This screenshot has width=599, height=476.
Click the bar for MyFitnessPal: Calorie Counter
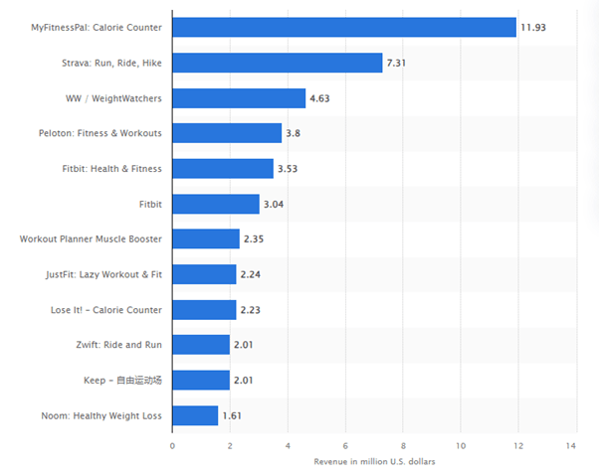pyautogui.click(x=344, y=27)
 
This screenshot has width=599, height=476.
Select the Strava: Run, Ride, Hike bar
pyautogui.click(x=278, y=63)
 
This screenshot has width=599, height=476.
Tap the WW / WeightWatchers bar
pyautogui.click(x=239, y=98)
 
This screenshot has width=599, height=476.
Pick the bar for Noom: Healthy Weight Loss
pyautogui.click(x=195, y=415)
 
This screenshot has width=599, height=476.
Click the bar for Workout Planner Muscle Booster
pyautogui.click(x=206, y=238)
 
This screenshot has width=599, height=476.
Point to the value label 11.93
pyautogui.click(x=534, y=27)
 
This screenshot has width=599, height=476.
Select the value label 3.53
pyautogui.click(x=288, y=169)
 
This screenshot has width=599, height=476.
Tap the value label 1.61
pyautogui.click(x=232, y=415)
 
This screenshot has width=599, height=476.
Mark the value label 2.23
pyautogui.click(x=250, y=310)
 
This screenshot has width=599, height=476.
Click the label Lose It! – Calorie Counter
pyautogui.click(x=106, y=310)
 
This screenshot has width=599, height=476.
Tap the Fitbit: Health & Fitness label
pyautogui.click(x=112, y=169)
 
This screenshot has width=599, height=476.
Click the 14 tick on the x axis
pyautogui.click(x=571, y=446)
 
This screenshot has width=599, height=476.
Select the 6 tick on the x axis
pyautogui.click(x=345, y=446)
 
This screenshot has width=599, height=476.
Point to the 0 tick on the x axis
pyautogui.click(x=172, y=446)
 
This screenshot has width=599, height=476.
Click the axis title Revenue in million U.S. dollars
pyautogui.click(x=374, y=462)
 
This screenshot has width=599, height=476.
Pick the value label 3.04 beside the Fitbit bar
pyautogui.click(x=274, y=204)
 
